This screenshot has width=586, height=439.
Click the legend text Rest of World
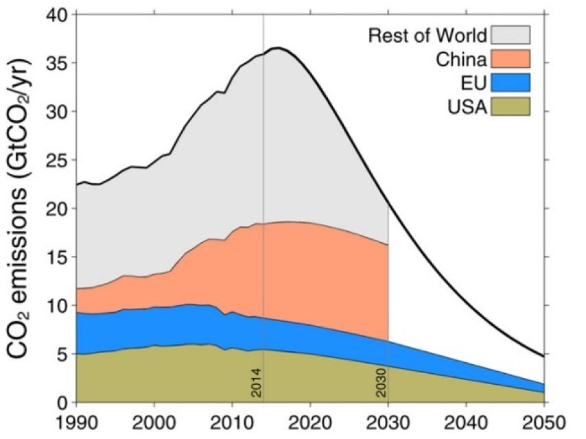427,35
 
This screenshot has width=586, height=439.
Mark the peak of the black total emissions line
277,48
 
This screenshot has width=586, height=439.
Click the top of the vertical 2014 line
263,16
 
